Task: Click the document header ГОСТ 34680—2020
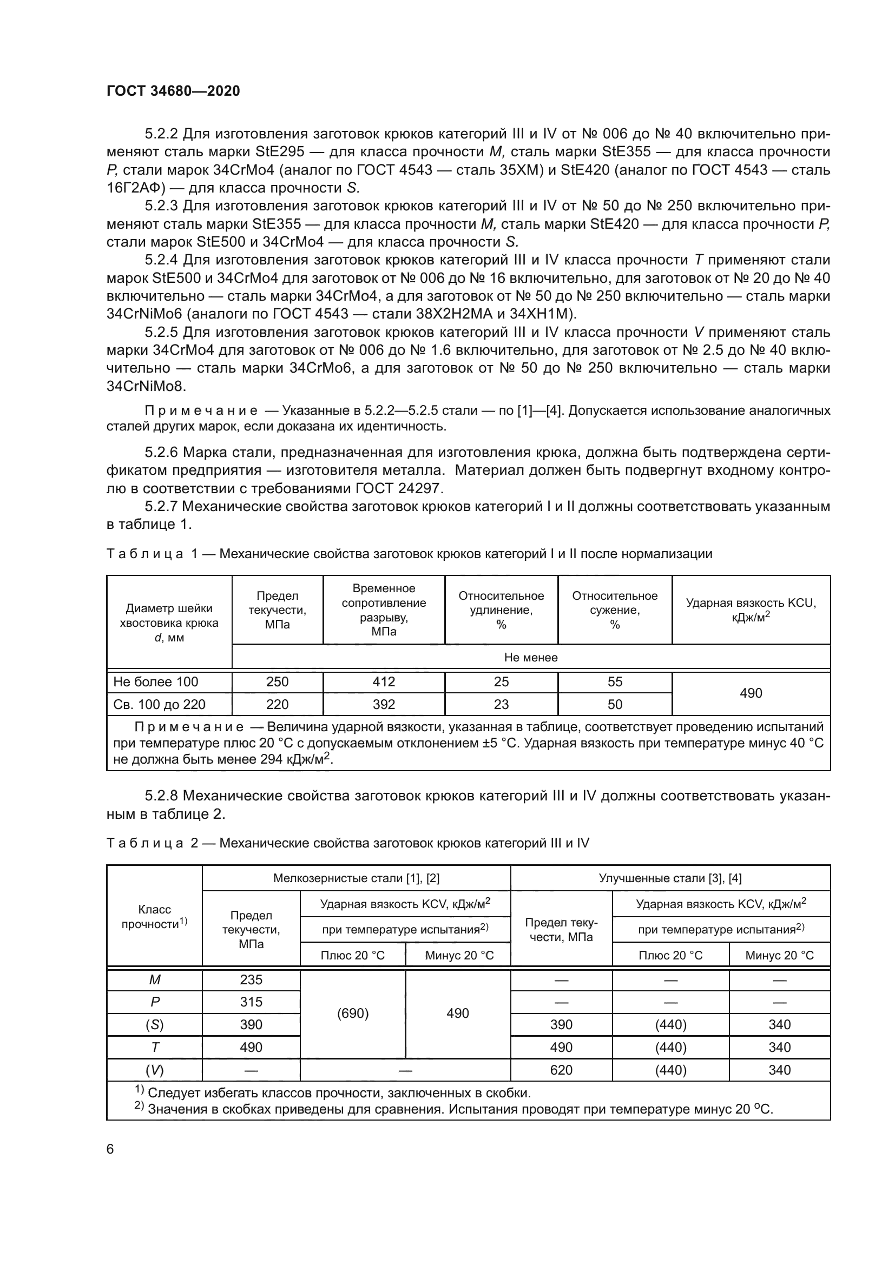(173, 91)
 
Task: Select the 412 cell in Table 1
(384, 681)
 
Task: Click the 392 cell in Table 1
(384, 704)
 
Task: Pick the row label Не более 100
(155, 681)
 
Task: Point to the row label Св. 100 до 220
(159, 704)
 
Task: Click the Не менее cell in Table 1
(531, 657)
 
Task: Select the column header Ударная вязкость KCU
(751, 610)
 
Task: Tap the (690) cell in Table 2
(353, 1013)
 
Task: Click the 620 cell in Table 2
(561, 1070)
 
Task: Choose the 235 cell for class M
(251, 979)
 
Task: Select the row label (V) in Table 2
(155, 1070)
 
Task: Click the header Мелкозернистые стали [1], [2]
(356, 878)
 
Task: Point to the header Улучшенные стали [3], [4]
(670, 878)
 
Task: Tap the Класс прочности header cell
(155, 917)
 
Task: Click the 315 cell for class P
(251, 1002)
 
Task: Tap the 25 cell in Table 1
(501, 681)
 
